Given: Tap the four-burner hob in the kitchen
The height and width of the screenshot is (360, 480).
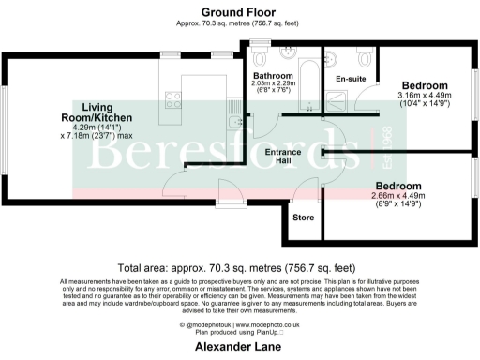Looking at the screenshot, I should coord(174,96).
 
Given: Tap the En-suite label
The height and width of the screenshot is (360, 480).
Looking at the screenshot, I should coord(352,80).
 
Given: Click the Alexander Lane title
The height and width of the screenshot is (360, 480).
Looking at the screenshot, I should coord(240,346).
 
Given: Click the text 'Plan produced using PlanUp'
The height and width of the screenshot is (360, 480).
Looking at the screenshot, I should coord(240,332).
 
